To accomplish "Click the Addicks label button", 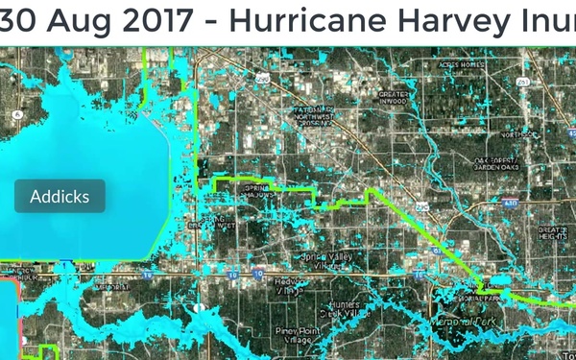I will tap(60, 196).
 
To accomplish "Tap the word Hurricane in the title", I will tap(283, 19).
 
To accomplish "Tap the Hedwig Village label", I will tap(285, 284).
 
